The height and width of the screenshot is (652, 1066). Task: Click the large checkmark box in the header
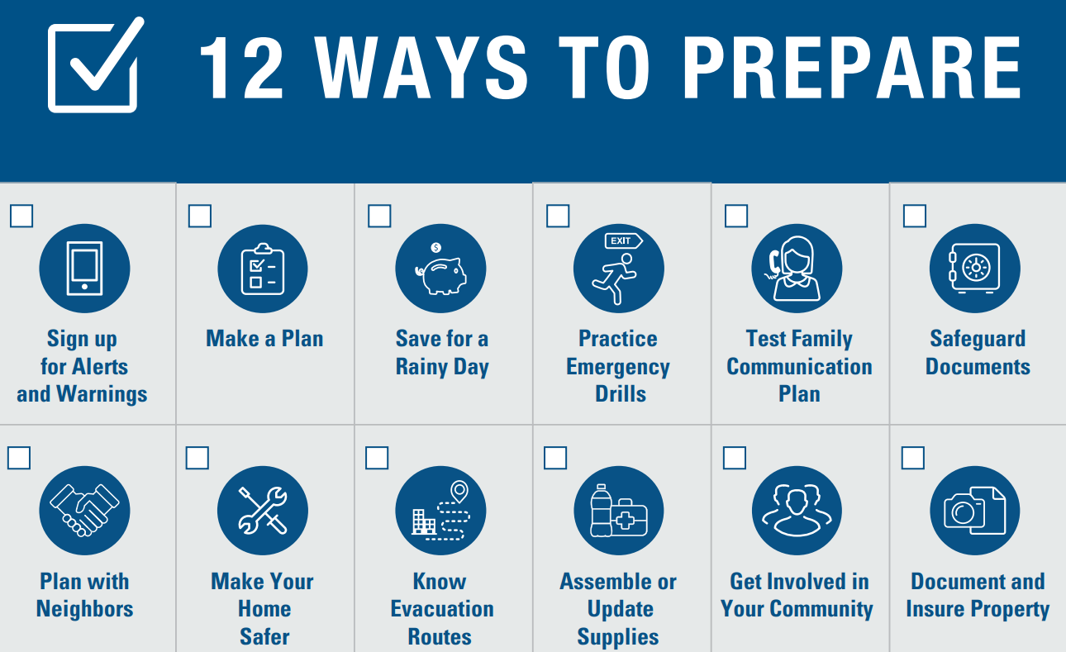click(93, 66)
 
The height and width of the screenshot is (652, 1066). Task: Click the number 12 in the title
click(240, 68)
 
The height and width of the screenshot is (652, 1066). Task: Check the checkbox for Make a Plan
click(200, 217)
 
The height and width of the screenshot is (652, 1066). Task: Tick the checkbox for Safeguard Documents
click(915, 217)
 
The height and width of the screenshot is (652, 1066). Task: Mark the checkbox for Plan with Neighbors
click(20, 458)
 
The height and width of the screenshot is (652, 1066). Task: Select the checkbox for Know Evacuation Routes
click(377, 458)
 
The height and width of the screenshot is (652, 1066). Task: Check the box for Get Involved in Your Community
click(735, 458)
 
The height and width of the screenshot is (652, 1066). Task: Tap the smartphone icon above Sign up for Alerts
click(84, 269)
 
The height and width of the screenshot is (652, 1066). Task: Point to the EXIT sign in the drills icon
click(623, 240)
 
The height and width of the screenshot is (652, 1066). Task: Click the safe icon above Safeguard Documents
click(975, 269)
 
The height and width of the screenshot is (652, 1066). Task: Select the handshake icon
click(84, 509)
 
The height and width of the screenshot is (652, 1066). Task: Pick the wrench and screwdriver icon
click(263, 510)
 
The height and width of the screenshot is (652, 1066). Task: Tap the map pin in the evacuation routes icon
click(458, 493)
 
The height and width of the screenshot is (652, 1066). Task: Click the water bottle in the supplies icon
click(600, 510)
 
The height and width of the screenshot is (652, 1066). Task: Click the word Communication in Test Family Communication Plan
click(799, 366)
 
